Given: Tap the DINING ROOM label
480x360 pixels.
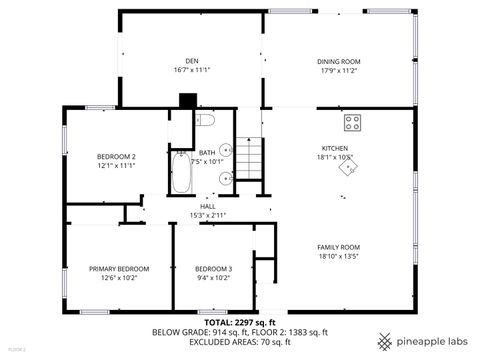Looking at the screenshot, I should (x=339, y=60).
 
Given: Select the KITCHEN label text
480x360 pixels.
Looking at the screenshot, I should (x=334, y=147).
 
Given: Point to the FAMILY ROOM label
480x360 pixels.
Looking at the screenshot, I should (x=338, y=246).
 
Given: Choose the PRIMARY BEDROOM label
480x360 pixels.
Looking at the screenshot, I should (x=119, y=269).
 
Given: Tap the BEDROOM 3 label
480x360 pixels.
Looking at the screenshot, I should (x=213, y=269).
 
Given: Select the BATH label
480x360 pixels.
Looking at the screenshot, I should (x=207, y=152).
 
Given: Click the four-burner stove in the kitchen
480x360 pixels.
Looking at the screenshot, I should (x=353, y=123).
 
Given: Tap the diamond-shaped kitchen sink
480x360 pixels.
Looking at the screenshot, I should (x=346, y=169).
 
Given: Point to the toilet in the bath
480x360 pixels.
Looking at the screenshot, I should (x=207, y=121).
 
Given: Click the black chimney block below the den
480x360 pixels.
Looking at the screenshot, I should (x=184, y=100).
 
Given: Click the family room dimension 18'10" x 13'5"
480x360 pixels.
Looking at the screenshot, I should (x=338, y=257).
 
